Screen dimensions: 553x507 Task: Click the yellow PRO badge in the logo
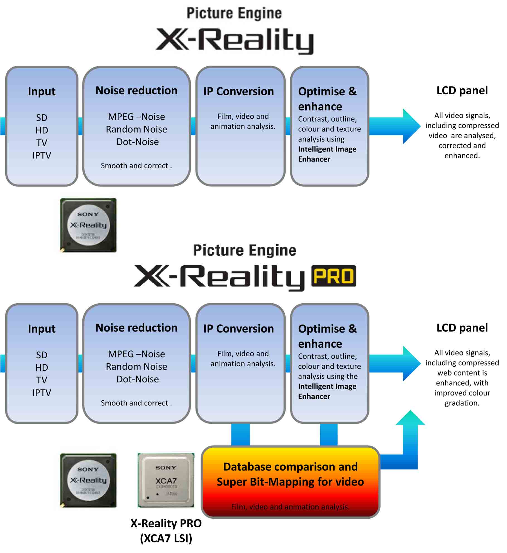coord(333,276)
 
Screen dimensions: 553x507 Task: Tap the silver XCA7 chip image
coord(166,480)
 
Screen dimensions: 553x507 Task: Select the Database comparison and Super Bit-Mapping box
coord(291,481)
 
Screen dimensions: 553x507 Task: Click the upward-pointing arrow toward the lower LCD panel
coord(410,435)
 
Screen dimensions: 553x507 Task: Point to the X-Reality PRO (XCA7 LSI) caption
coord(166,531)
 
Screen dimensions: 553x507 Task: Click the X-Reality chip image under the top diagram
coord(88,225)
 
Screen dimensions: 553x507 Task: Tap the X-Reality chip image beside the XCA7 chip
coord(88,480)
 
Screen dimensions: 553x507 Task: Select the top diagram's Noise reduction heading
coord(136,91)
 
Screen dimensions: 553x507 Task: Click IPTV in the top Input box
coord(42,155)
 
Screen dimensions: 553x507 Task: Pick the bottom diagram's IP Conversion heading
coord(239,329)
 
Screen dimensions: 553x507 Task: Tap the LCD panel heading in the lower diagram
coord(462,328)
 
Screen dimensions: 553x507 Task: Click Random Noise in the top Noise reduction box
coord(136,129)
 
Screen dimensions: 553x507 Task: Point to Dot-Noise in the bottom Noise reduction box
coord(138,379)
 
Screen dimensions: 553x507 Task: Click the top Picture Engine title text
coord(234,13)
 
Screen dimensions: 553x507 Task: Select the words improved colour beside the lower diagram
coord(462,393)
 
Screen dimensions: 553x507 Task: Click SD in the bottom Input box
coord(42,355)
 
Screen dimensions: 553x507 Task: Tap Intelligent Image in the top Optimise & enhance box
coord(327,149)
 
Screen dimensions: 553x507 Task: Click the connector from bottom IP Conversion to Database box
coord(240,435)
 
